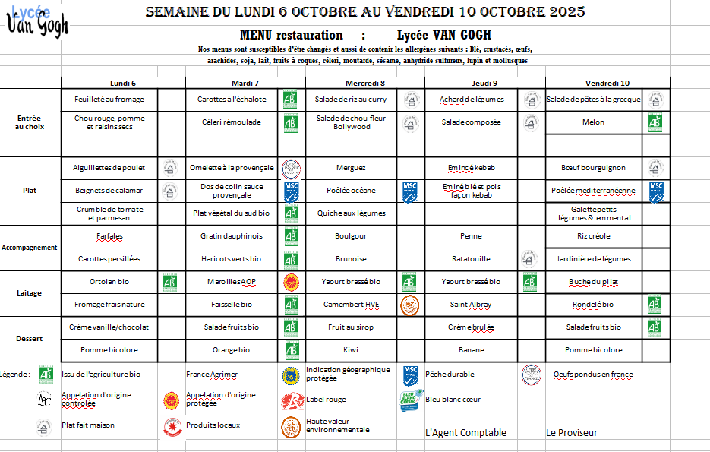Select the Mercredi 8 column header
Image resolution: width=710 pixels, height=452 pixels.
[364, 83]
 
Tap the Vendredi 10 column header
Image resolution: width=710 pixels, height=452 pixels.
[607, 83]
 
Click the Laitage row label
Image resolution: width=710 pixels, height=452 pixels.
[30, 293]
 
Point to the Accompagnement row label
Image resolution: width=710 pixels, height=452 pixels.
[30, 248]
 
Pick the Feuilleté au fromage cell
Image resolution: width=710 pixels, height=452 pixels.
[109, 100]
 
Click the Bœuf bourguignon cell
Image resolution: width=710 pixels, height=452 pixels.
[593, 168]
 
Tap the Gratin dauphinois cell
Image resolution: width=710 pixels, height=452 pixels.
[232, 236]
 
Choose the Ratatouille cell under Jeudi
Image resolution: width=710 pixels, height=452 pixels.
[471, 259]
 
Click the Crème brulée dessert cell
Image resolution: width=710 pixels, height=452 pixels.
[471, 327]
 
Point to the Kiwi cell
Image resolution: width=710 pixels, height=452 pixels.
[351, 350]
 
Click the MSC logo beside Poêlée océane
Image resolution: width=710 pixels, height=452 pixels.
[410, 191]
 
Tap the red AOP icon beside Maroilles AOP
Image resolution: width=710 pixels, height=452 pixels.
[290, 282]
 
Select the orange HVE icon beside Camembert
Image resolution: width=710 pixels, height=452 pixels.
[410, 305]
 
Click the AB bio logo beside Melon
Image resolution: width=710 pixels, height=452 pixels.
[655, 122]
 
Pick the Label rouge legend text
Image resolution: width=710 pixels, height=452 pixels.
[326, 400]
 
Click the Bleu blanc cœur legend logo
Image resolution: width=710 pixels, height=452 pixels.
[410, 400]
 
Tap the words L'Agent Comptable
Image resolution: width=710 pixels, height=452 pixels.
[465, 433]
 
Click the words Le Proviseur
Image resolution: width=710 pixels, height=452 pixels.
[572, 433]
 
